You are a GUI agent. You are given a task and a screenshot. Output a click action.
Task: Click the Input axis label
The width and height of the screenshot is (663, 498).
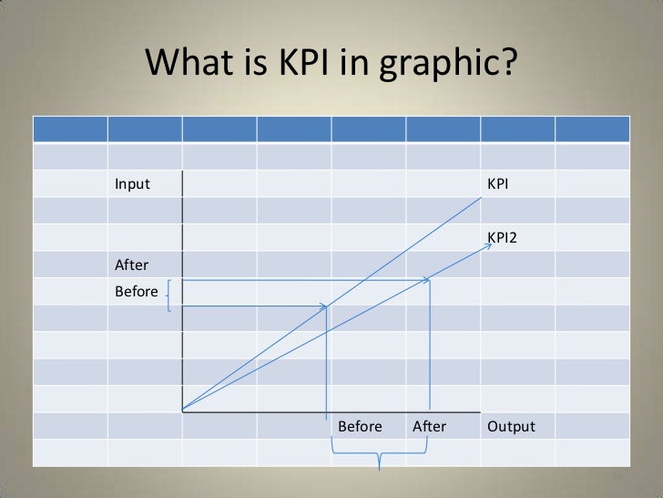pyautogui.click(x=132, y=184)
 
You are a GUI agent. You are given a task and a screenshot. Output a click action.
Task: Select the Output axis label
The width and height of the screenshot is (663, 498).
pyautogui.click(x=511, y=427)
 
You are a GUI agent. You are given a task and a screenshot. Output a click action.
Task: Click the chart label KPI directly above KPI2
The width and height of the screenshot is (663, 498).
pyautogui.click(x=497, y=184)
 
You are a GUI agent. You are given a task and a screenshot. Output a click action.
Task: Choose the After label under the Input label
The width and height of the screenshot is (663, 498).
pyautogui.click(x=131, y=265)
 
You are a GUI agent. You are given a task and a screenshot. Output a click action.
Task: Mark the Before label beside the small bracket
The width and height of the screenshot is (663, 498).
pyautogui.click(x=137, y=293)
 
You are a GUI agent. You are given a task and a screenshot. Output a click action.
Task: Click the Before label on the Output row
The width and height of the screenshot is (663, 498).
pyautogui.click(x=360, y=427)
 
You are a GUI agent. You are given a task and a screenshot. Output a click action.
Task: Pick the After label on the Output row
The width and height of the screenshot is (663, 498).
pyautogui.click(x=429, y=427)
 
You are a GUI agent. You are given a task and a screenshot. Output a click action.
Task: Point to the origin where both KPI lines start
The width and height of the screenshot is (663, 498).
pyautogui.click(x=183, y=410)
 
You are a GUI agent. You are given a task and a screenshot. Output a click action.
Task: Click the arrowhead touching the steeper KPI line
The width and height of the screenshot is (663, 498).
pyautogui.click(x=322, y=306)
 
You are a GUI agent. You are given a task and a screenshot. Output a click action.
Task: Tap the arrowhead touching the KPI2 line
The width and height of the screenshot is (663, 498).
pyautogui.click(x=425, y=281)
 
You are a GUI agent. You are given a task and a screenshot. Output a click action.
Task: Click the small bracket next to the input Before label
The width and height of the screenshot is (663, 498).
pyautogui.click(x=169, y=296)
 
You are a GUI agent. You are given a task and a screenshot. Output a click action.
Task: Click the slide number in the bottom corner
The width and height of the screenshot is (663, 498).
pyautogui.click(x=618, y=477)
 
